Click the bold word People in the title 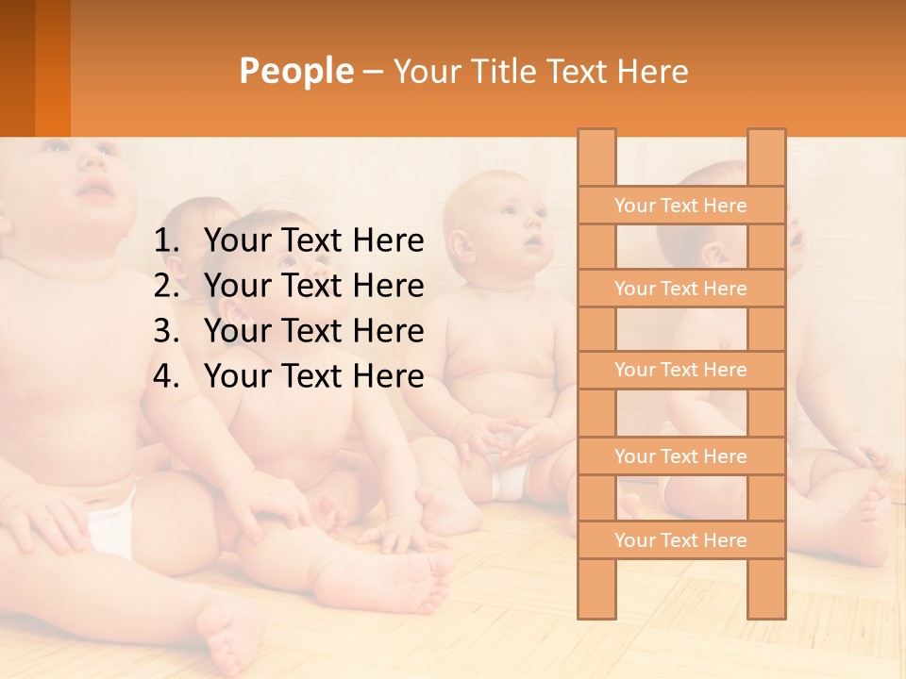(296, 71)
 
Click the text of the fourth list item (314, 376)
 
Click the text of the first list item (314, 241)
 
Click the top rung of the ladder (680, 206)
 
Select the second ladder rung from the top (680, 289)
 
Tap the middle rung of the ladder (680, 370)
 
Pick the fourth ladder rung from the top (680, 456)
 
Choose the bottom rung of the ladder (680, 540)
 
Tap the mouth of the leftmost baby (95, 192)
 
